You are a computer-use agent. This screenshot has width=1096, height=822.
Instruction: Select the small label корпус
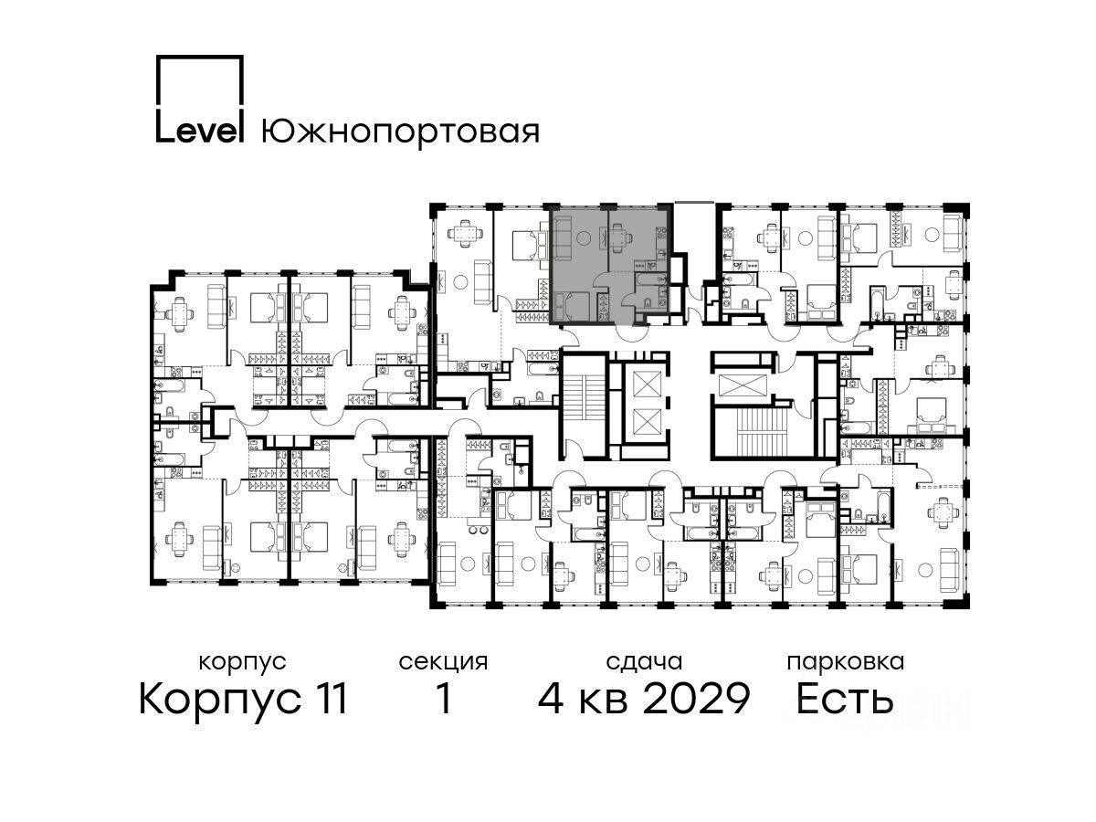[x=243, y=663]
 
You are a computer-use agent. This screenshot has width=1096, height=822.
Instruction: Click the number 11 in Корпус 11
[x=329, y=699]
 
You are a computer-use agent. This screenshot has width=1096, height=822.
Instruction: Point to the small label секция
[x=443, y=662]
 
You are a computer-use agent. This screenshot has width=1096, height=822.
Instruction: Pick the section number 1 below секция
[x=443, y=699]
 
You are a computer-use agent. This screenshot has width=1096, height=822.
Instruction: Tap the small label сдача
[x=644, y=662]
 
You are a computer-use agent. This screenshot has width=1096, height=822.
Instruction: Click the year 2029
[x=697, y=699]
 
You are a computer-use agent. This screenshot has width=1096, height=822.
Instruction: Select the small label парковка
[x=846, y=662]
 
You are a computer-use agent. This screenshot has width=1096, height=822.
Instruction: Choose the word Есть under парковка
[x=844, y=699]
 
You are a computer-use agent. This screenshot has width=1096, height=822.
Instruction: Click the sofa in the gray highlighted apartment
[x=563, y=238]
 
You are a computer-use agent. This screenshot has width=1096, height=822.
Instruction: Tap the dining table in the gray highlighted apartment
[x=618, y=235]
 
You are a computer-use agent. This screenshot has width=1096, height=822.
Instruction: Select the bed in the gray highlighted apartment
[x=572, y=307]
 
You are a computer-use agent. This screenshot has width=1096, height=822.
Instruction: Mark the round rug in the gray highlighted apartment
[x=583, y=238]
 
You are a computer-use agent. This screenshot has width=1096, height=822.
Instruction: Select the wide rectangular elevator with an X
[x=742, y=385]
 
